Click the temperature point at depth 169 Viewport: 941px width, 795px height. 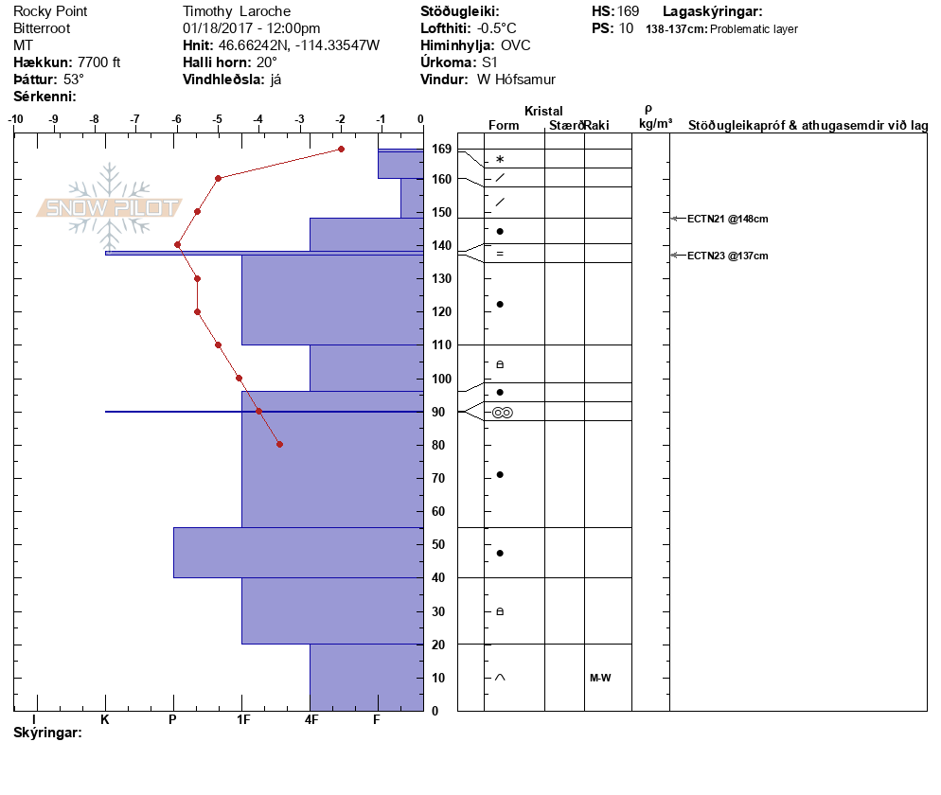341,150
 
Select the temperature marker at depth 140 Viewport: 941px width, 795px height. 177,244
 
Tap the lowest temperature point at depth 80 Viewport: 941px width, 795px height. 279,444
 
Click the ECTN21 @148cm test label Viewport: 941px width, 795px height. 727,219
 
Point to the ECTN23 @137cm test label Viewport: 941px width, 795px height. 727,256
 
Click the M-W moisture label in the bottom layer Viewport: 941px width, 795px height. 599,678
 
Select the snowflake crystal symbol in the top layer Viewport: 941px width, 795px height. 500,160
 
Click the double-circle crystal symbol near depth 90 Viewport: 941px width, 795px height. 502,413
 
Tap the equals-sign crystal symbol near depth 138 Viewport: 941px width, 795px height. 500,254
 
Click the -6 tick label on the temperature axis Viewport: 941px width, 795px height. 176,119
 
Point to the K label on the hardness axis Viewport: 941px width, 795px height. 105,720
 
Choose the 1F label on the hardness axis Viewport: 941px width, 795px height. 242,720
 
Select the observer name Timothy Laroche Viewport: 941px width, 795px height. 238,11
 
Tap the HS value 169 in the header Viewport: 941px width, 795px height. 628,11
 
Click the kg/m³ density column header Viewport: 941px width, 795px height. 655,124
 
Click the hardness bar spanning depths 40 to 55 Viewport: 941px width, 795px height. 298,552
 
